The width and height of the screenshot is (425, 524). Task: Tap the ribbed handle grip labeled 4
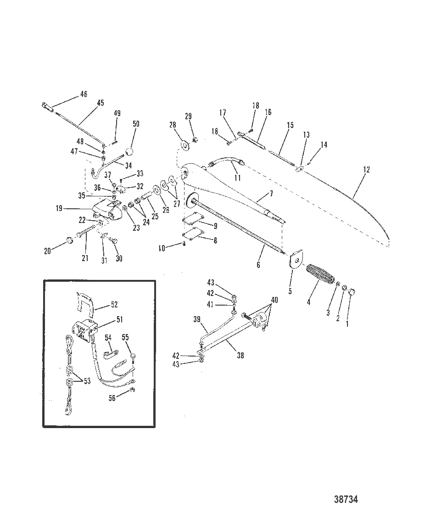tap(320, 274)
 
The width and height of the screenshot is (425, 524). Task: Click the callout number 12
tap(366, 170)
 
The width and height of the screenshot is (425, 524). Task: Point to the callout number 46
tap(84, 94)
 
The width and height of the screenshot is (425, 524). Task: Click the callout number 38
tap(240, 355)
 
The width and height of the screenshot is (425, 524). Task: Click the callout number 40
tap(274, 300)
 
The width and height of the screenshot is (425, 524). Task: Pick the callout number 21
tap(85, 258)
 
